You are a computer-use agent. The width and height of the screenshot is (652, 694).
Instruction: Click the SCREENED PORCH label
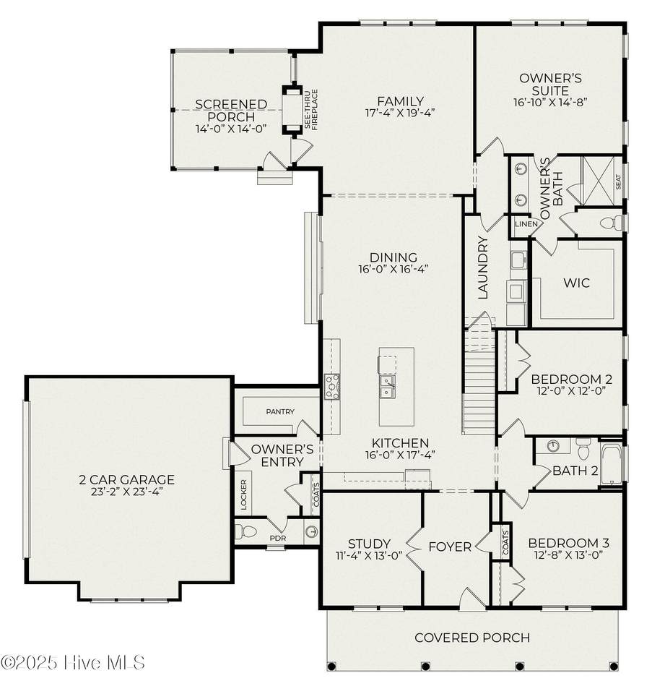(231, 111)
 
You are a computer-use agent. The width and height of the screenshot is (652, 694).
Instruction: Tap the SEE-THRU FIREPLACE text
(311, 109)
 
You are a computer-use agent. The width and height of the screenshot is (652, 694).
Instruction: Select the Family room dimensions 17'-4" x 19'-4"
(400, 113)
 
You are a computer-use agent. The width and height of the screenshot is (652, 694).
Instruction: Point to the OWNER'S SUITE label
(550, 85)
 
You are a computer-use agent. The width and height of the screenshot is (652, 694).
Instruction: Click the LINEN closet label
(526, 224)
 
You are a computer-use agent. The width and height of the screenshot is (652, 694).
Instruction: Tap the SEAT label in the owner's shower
(618, 182)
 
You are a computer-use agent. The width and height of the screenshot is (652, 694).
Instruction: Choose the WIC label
(576, 283)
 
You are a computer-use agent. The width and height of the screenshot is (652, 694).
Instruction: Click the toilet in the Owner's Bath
(612, 223)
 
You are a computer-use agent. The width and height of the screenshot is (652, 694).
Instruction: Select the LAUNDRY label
(483, 267)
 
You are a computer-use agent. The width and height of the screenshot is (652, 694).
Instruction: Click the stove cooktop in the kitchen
(332, 386)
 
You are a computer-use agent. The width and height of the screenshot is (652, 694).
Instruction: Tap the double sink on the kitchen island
(386, 386)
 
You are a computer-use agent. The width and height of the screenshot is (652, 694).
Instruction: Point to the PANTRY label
(280, 411)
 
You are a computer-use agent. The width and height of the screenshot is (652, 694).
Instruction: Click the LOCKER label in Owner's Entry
(243, 494)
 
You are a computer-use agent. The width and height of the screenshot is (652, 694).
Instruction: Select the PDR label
(278, 538)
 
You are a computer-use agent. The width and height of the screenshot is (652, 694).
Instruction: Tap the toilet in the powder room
(245, 531)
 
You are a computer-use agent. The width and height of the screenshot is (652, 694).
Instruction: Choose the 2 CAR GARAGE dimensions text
(127, 492)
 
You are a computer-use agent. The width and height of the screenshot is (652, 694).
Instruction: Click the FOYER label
(450, 547)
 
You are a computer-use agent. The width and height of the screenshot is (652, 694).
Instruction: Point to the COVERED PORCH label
(472, 638)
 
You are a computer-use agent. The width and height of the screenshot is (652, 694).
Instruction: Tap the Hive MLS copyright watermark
(73, 663)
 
